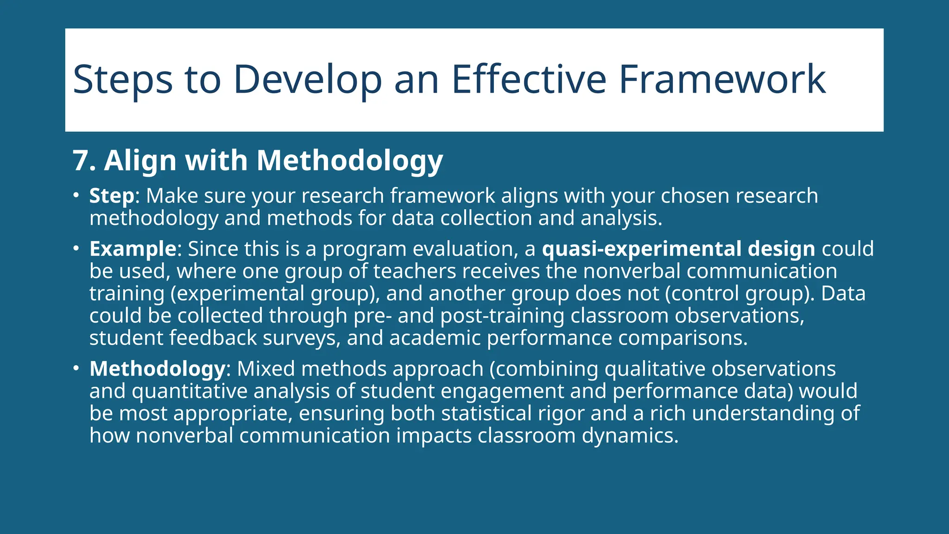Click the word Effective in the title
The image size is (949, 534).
(x=528, y=80)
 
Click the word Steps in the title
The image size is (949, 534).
(x=123, y=80)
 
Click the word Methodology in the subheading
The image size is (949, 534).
(x=350, y=161)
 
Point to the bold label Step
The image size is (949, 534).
(x=111, y=196)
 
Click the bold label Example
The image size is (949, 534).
(x=133, y=249)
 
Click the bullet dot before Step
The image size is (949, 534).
(x=76, y=195)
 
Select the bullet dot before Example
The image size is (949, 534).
(x=76, y=248)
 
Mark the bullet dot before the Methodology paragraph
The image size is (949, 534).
(x=76, y=369)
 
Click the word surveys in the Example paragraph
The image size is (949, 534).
(x=301, y=338)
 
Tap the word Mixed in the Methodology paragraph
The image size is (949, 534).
(x=266, y=369)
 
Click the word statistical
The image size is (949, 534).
(x=486, y=413)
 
